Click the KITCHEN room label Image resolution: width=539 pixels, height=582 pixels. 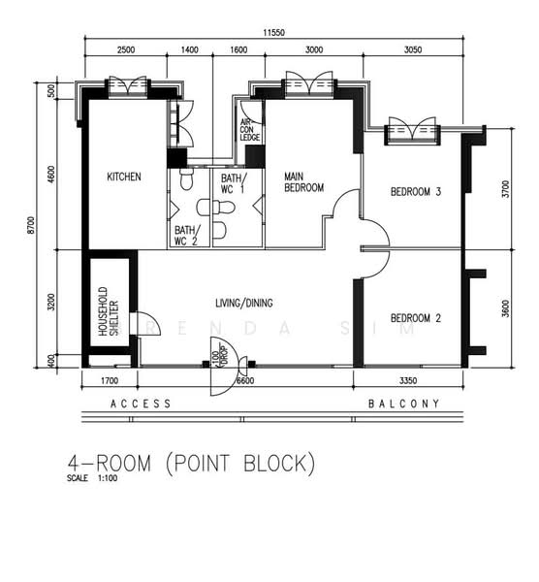(x=124, y=177)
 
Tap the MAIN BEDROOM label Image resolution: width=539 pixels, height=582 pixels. (x=303, y=182)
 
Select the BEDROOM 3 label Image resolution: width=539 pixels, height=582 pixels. (x=416, y=191)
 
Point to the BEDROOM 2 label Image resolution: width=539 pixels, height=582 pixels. (x=416, y=318)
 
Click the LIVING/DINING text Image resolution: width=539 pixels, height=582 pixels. (x=244, y=303)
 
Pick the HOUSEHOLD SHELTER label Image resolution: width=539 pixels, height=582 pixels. (x=109, y=311)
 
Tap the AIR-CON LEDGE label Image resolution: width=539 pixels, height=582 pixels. (x=250, y=130)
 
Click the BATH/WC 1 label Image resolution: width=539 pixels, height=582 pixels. (x=233, y=183)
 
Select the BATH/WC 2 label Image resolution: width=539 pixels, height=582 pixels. (x=186, y=236)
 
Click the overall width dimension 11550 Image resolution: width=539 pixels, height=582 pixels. (x=273, y=33)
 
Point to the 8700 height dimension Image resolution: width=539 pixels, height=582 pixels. (x=31, y=225)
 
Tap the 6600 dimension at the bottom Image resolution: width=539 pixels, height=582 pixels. (x=246, y=380)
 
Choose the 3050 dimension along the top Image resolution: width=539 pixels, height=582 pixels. (x=413, y=49)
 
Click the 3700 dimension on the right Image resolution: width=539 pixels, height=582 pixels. (x=506, y=188)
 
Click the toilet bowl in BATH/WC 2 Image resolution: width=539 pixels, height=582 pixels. (x=186, y=179)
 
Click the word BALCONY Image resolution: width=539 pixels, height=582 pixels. (x=403, y=404)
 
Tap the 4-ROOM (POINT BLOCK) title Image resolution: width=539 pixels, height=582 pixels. (x=191, y=464)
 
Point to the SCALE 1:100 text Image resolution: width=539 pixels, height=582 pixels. (x=92, y=478)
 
